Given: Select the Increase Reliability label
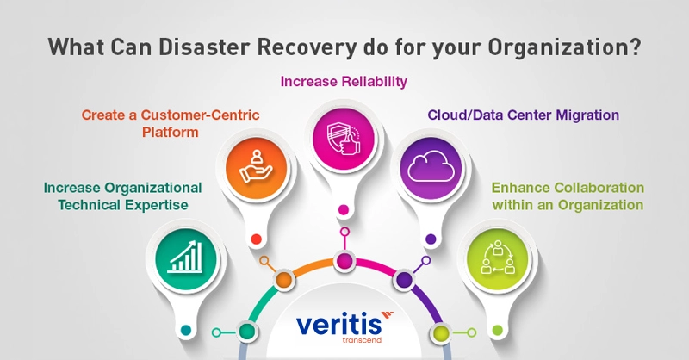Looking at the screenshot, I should (344, 82).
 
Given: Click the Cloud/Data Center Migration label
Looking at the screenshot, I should (524, 114).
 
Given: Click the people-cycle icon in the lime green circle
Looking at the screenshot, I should (498, 256).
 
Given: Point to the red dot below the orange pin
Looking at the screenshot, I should (255, 240).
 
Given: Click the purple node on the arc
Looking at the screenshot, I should (403, 279).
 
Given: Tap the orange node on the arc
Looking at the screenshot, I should (283, 279).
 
